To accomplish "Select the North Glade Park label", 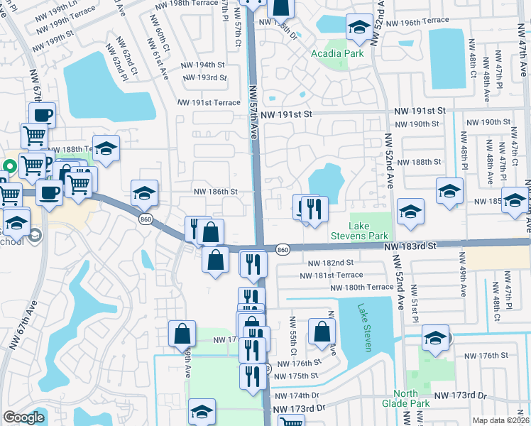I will coord(412,398).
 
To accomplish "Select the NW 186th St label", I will coord(215,192).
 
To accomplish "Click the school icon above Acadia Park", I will coord(359,28).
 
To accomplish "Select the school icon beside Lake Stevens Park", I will coord(410,212).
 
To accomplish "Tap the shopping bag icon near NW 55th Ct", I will coord(322,330).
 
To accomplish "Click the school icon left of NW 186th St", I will coord(144,192).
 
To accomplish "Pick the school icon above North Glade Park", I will coord(435,337).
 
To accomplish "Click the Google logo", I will coord(23,417).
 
